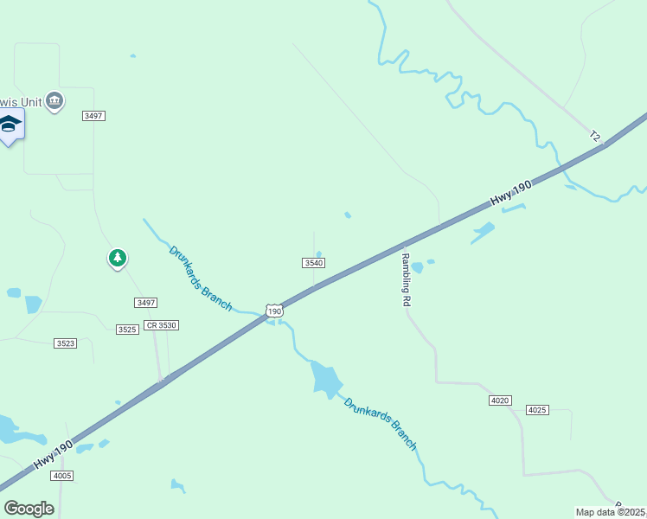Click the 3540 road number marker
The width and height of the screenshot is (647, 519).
coord(314,262)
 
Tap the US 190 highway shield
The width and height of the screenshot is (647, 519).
coord(274,311)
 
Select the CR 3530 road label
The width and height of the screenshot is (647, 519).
coord(161,324)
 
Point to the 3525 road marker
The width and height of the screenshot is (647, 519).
coord(127,330)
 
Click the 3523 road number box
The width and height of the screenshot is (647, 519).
coord(65,343)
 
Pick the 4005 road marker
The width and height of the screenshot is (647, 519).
coord(62,476)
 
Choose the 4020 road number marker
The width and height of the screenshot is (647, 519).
coord(500,400)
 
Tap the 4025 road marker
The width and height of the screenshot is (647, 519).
coord(537,409)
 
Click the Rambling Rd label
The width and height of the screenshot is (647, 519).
coord(405,279)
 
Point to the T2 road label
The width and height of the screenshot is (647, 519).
coord(594,136)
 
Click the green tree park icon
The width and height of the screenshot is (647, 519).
coord(117,257)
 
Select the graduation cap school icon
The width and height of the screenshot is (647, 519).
coord(10,125)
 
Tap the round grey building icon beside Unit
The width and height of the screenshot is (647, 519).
coord(55,101)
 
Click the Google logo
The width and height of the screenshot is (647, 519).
coord(29,509)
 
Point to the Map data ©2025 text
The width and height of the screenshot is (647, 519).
coord(611,512)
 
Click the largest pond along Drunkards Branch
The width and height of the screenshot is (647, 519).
coord(326,378)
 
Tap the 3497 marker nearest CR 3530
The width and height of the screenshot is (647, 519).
coord(146,302)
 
